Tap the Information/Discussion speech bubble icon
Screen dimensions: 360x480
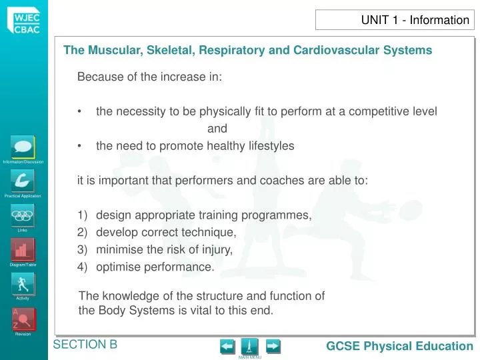pyautogui.click(x=23, y=147)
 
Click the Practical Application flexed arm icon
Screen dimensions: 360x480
pyautogui.click(x=23, y=181)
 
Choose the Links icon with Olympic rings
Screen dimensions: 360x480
pyautogui.click(x=23, y=215)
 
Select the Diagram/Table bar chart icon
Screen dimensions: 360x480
pyautogui.click(x=23, y=250)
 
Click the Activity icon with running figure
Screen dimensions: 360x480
pyautogui.click(x=23, y=284)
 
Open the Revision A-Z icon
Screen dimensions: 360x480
pyautogui.click(x=23, y=319)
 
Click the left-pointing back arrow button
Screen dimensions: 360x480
pyautogui.click(x=227, y=346)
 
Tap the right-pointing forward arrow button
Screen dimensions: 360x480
pyautogui.click(x=273, y=346)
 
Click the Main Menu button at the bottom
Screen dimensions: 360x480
pyautogui.click(x=250, y=347)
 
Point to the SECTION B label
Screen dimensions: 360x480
pyautogui.click(x=85, y=344)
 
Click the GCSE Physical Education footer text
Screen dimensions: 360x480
pyautogui.click(x=399, y=346)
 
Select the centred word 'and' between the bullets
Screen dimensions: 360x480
pyautogui.click(x=217, y=129)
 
